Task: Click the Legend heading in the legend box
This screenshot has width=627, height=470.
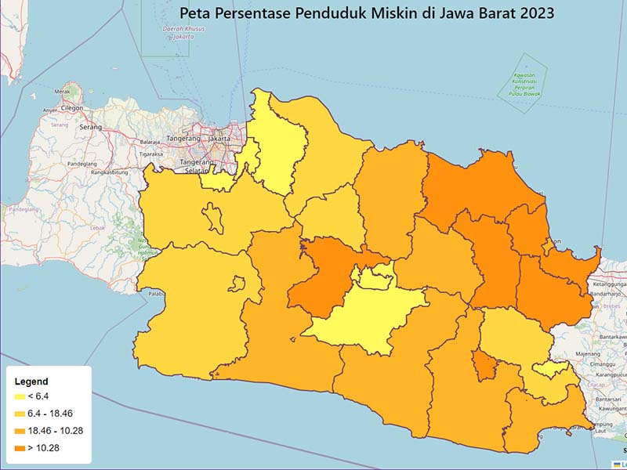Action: coord(32,381)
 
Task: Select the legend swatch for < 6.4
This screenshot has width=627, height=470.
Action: coord(20,396)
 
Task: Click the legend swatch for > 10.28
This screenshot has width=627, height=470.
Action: coord(20,448)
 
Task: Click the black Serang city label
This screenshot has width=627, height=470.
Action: coord(91,127)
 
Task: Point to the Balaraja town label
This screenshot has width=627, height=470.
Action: coord(150,142)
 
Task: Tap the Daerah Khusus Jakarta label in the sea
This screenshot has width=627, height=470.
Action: coord(178,33)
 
